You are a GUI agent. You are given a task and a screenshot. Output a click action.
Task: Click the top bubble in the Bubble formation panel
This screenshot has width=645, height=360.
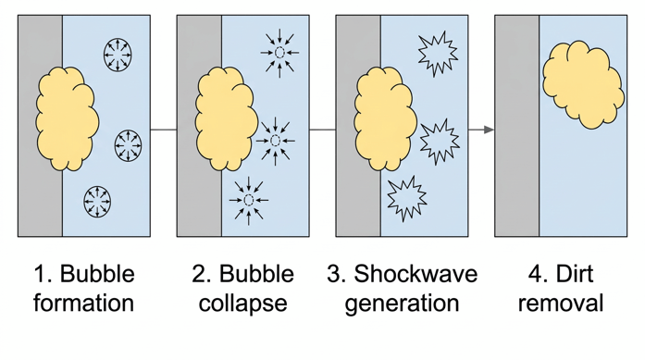118,52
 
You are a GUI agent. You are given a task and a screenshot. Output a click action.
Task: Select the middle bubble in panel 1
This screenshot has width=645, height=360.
128,144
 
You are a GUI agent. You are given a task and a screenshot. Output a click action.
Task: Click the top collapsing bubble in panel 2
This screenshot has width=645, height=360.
277,53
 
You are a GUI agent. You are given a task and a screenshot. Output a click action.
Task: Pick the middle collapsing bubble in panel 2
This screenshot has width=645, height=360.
275,141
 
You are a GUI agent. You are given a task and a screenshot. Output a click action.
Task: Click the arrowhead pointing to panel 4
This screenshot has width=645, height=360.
488,130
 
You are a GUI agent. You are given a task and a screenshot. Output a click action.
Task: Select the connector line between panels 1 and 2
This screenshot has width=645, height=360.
164,130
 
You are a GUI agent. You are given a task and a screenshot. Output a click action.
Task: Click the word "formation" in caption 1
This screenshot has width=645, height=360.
83,303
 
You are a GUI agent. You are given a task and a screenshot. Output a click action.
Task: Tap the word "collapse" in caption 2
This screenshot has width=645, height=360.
242,304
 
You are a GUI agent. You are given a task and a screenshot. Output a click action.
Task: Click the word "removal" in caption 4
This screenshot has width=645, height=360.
561,303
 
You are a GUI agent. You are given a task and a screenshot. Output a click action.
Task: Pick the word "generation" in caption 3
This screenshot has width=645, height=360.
401,304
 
